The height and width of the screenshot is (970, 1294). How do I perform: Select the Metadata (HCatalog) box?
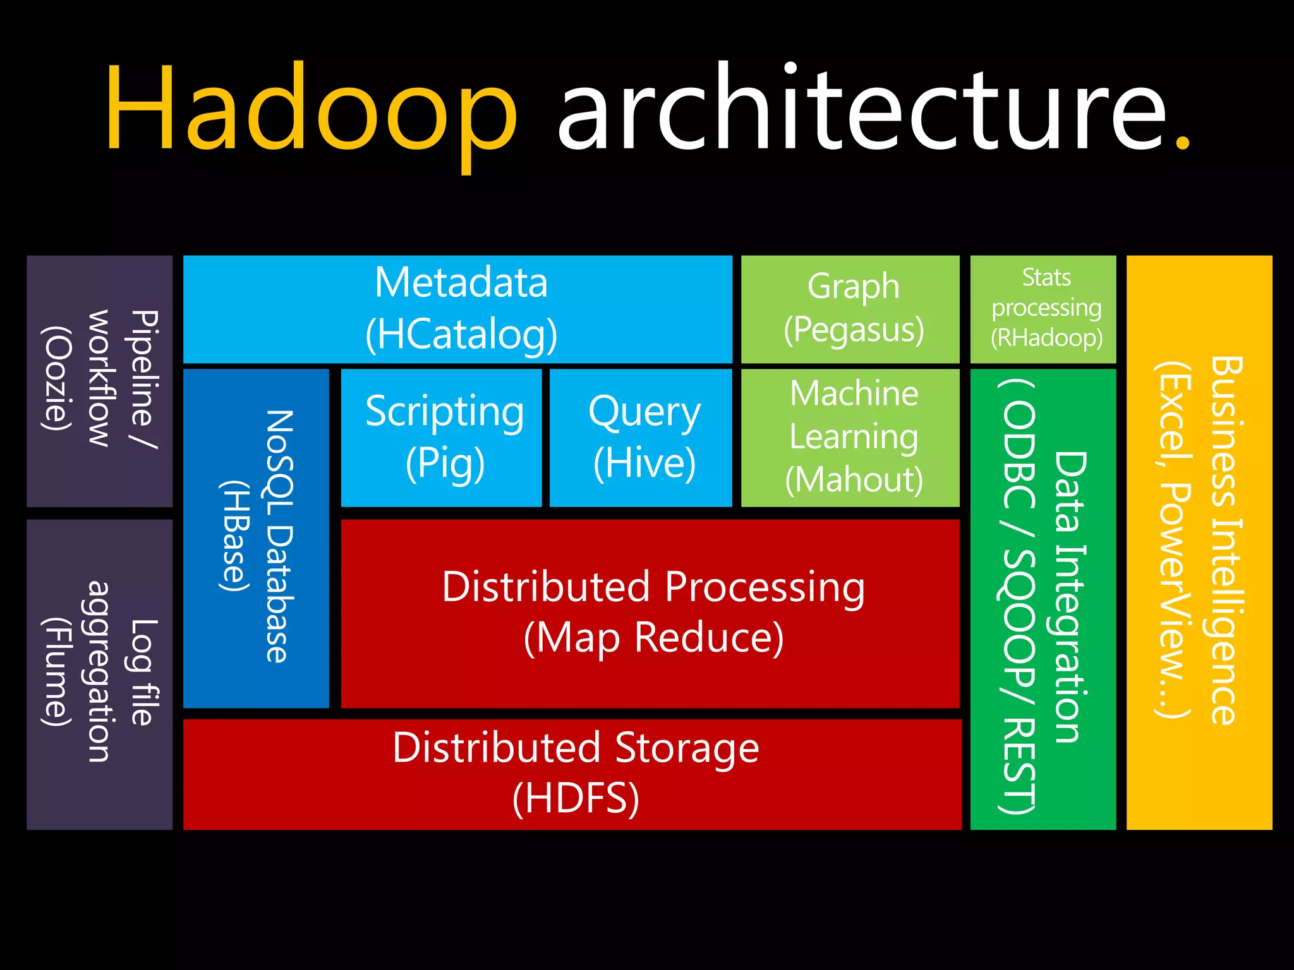(458, 309)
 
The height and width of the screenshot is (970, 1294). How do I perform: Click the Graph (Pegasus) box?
(850, 309)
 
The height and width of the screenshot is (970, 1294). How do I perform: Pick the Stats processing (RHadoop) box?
(1043, 309)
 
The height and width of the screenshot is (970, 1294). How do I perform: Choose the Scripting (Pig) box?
(442, 438)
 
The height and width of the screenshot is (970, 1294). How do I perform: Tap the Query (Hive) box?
(641, 438)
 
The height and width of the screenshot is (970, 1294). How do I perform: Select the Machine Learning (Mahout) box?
(850, 438)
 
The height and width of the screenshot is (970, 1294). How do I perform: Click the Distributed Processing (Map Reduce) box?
(650, 613)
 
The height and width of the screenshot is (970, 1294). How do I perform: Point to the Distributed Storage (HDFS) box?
(572, 774)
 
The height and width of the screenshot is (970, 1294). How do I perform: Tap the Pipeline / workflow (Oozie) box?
(100, 381)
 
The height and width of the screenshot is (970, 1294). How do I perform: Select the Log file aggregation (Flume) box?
(100, 674)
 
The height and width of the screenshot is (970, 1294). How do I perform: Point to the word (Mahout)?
(854, 480)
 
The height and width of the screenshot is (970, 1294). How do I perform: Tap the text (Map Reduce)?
(653, 638)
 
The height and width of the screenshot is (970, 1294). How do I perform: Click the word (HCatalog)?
(461, 335)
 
